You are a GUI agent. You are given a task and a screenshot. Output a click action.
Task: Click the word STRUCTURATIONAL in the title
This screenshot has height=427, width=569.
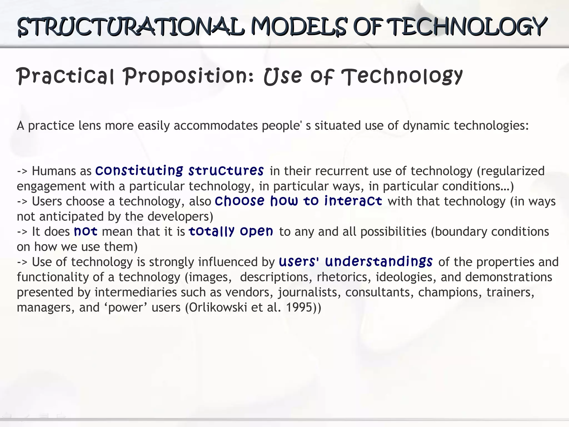pyautogui.click(x=131, y=27)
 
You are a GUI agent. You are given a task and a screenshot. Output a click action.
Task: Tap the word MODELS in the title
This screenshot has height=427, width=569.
pyautogui.click(x=299, y=27)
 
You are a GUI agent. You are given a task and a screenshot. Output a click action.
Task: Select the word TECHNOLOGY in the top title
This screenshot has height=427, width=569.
pyautogui.click(x=467, y=27)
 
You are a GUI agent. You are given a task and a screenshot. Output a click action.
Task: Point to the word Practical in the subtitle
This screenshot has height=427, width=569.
pyautogui.click(x=66, y=76)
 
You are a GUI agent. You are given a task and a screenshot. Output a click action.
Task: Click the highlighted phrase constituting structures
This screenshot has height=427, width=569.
pyautogui.click(x=179, y=171)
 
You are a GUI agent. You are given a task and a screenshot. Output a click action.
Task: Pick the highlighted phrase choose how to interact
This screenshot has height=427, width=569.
pyautogui.click(x=298, y=201)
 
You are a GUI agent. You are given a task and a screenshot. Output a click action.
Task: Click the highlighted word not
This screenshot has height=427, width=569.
pyautogui.click(x=86, y=231)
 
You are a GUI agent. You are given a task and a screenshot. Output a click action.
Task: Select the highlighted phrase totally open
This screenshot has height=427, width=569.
pyautogui.click(x=231, y=231)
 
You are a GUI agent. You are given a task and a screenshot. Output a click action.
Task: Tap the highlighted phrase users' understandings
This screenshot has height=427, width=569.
pyautogui.click(x=356, y=262)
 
